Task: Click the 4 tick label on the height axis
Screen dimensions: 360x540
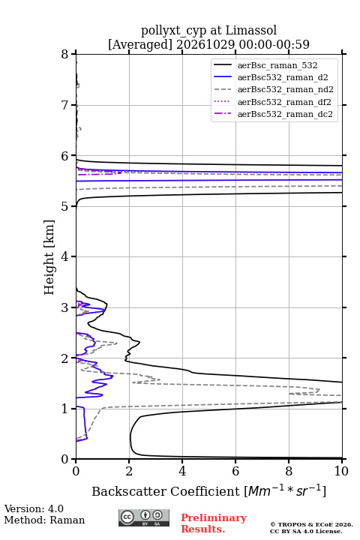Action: click(64, 256)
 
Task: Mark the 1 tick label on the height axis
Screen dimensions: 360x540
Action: click(64, 409)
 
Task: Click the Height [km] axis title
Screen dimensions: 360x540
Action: click(49, 257)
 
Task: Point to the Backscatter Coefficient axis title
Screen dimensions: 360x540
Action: click(208, 490)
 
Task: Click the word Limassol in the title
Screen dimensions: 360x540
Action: click(250, 30)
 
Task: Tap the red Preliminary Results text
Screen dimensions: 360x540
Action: click(214, 523)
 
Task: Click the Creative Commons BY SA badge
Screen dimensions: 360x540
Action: click(144, 517)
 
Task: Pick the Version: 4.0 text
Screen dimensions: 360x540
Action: click(34, 508)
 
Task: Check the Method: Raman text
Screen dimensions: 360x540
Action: click(44, 520)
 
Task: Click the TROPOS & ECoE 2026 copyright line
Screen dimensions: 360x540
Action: click(311, 524)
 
